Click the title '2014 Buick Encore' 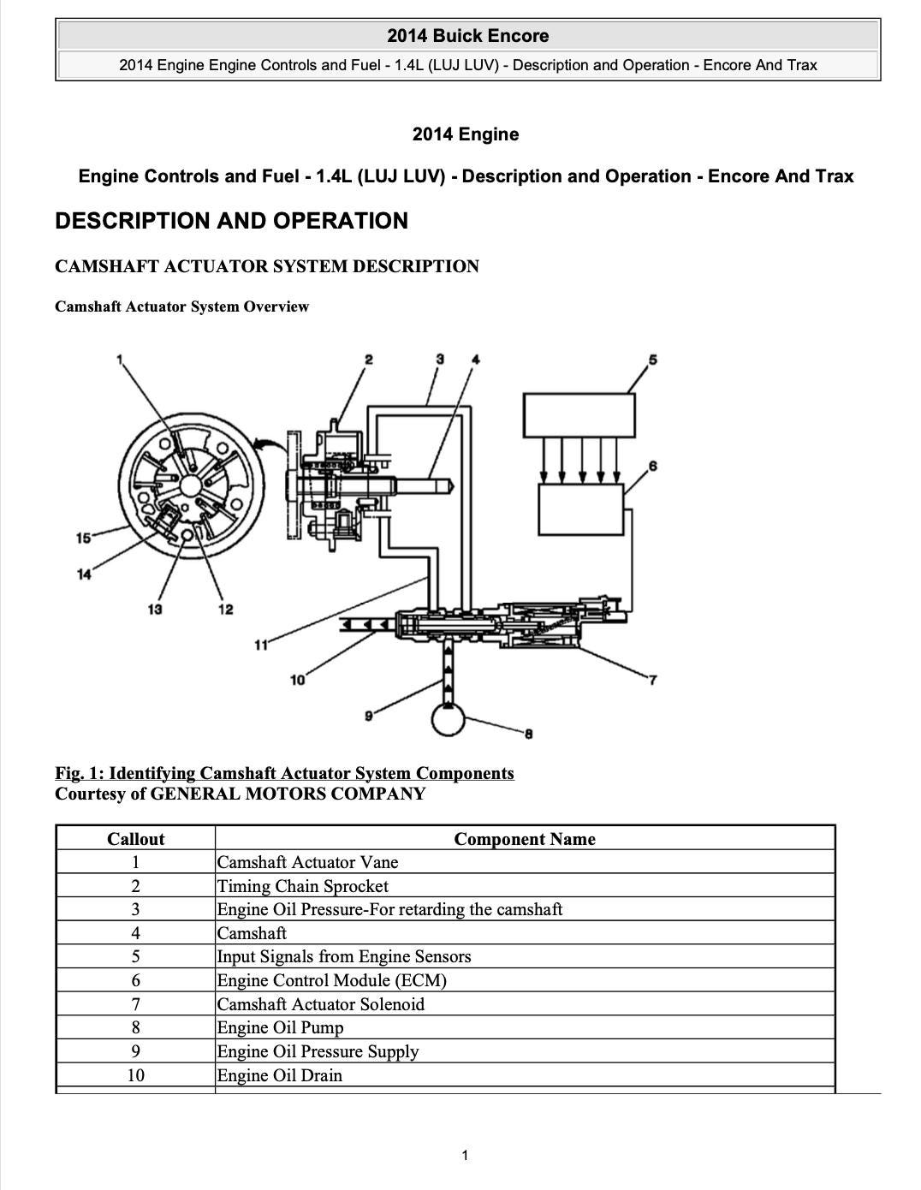click(467, 36)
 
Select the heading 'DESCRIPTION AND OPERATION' click(231, 221)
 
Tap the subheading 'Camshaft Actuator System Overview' click(181, 306)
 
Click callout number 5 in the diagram click(653, 360)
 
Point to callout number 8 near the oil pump click(529, 734)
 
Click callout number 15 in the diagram click(83, 538)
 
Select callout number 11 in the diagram click(261, 644)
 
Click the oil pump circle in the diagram click(448, 717)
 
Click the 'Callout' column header click(135, 839)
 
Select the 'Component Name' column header click(524, 839)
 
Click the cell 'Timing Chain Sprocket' click(302, 886)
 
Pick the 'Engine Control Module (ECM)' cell click(331, 980)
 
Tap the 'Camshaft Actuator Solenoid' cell click(320, 1004)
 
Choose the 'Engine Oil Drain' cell click(279, 1075)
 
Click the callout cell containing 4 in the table click(135, 933)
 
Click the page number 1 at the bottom click(465, 1156)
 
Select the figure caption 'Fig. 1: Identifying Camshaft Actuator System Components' click(284, 773)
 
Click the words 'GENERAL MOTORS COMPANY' click(288, 794)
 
